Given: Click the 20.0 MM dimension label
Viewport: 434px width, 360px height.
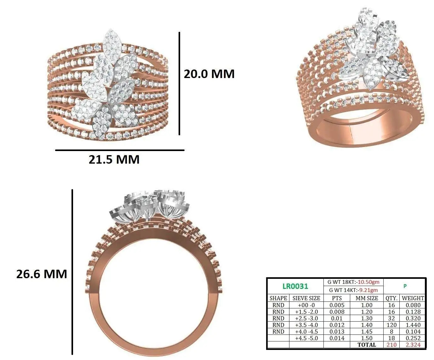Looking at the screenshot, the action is point(209,74).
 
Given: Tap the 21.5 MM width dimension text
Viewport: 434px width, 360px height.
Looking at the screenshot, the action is point(114,160).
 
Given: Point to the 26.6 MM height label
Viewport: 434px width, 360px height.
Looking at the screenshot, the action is point(42,274).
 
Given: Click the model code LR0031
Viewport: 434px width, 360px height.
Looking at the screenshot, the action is point(295,286).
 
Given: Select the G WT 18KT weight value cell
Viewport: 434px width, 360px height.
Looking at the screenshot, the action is point(353,282).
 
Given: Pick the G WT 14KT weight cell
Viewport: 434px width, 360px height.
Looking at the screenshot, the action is point(353,290).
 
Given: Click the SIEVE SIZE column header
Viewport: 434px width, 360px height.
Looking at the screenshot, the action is point(306,298).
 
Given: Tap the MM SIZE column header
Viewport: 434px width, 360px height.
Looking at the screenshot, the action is point(367,298).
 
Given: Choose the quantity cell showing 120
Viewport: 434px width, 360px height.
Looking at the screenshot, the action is point(391,325).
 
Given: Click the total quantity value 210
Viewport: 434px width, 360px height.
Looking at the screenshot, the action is point(391,345).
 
